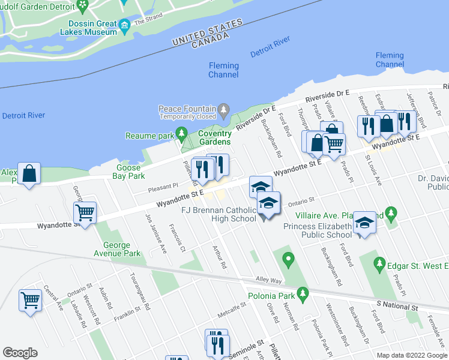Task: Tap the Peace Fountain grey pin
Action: tap(224, 110)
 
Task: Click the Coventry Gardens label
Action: tap(215, 137)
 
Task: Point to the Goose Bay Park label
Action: tap(129, 172)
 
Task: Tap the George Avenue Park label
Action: tap(116, 249)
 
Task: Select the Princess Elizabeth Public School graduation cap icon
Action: tap(363, 223)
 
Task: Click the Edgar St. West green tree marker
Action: tap(379, 263)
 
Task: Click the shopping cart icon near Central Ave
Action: tap(31, 300)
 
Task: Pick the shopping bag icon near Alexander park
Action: tap(29, 174)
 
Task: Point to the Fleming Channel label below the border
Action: tap(223, 70)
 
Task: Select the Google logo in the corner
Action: tap(20, 353)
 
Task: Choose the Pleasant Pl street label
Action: tap(163, 187)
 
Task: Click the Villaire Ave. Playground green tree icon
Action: tap(391, 212)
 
